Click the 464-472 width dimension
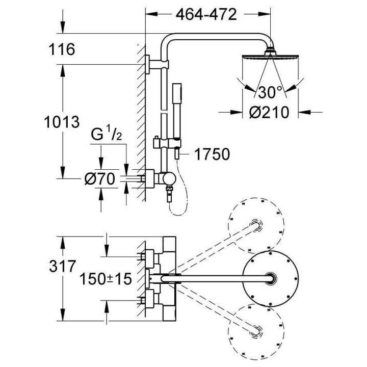pos(206,15)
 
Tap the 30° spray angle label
pos(270,92)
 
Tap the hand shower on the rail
pos(179,104)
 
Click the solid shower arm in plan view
pos(214,278)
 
